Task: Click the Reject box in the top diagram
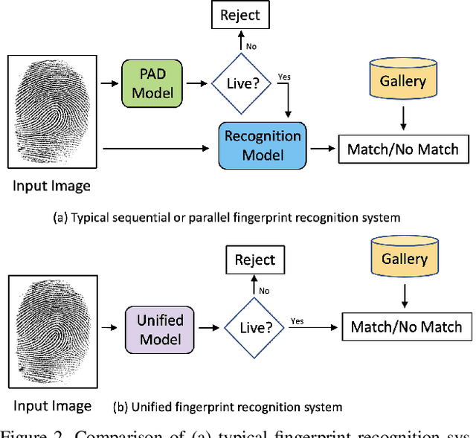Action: [240, 14]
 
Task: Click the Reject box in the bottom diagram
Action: [254, 260]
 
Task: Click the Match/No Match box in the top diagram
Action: [404, 149]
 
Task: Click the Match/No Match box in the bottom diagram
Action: [406, 326]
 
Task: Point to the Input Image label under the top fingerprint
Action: [51, 185]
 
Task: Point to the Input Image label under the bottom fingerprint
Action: [51, 405]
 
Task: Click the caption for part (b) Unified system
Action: [227, 407]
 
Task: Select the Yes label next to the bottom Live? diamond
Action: [297, 321]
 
